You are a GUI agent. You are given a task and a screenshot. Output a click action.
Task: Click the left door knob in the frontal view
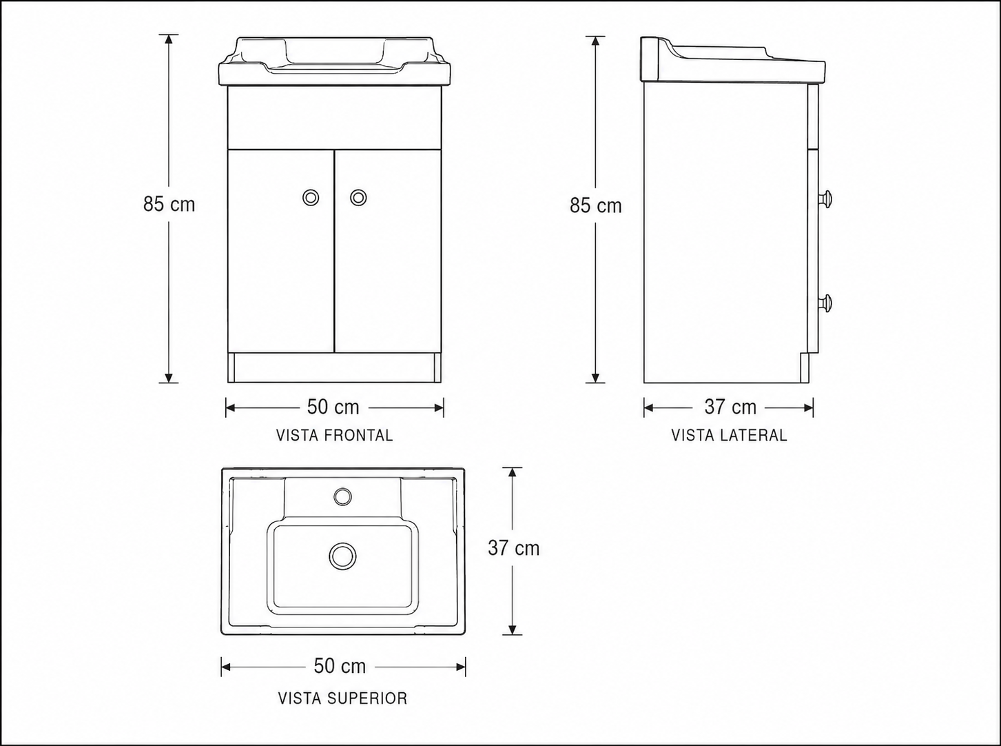pyautogui.click(x=311, y=197)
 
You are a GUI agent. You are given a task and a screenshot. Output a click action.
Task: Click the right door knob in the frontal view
pyautogui.click(x=358, y=197)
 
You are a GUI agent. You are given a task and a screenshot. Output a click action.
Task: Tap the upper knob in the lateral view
pyautogui.click(x=825, y=199)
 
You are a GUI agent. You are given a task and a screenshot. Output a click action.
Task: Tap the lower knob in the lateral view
pyautogui.click(x=825, y=303)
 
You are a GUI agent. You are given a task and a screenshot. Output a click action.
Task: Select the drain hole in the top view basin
pyautogui.click(x=342, y=556)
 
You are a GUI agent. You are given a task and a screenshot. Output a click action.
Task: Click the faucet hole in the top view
pyautogui.click(x=343, y=496)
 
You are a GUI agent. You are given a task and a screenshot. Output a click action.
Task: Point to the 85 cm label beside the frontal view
pyautogui.click(x=169, y=204)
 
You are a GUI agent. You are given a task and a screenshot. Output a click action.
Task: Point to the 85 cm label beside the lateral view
pyautogui.click(x=596, y=205)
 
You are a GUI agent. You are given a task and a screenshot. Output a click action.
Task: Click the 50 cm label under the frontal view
pyautogui.click(x=333, y=407)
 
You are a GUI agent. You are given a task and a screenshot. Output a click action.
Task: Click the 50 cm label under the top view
pyautogui.click(x=340, y=666)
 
